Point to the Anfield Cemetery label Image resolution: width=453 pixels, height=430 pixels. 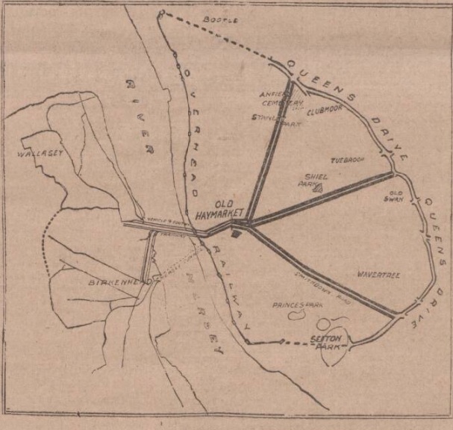tap(281, 99)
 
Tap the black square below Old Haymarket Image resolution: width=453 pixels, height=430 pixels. tap(236, 234)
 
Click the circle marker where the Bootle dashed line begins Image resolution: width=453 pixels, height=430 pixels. tap(161, 12)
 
